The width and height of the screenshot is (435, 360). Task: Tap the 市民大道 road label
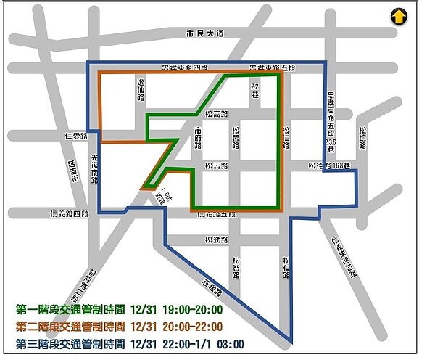[205, 35]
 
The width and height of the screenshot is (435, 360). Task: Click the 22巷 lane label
[254, 90]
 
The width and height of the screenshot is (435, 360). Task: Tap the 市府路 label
[198, 136]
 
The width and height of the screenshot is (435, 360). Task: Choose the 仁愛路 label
[75, 136]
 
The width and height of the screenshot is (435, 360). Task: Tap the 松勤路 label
[216, 240]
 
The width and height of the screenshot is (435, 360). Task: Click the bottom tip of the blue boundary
[293, 343]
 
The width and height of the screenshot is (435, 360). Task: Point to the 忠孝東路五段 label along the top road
[271, 67]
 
